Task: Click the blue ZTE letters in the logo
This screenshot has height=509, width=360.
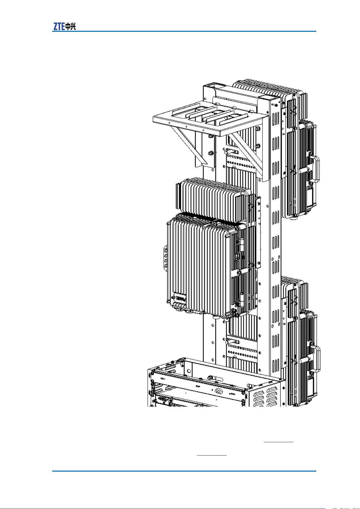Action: [59, 27]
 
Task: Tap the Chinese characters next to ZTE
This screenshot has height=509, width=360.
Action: [71, 27]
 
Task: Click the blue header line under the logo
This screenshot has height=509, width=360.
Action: [184, 31]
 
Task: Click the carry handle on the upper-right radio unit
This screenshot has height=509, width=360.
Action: [316, 169]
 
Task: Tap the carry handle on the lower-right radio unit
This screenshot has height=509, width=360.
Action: [317, 359]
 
